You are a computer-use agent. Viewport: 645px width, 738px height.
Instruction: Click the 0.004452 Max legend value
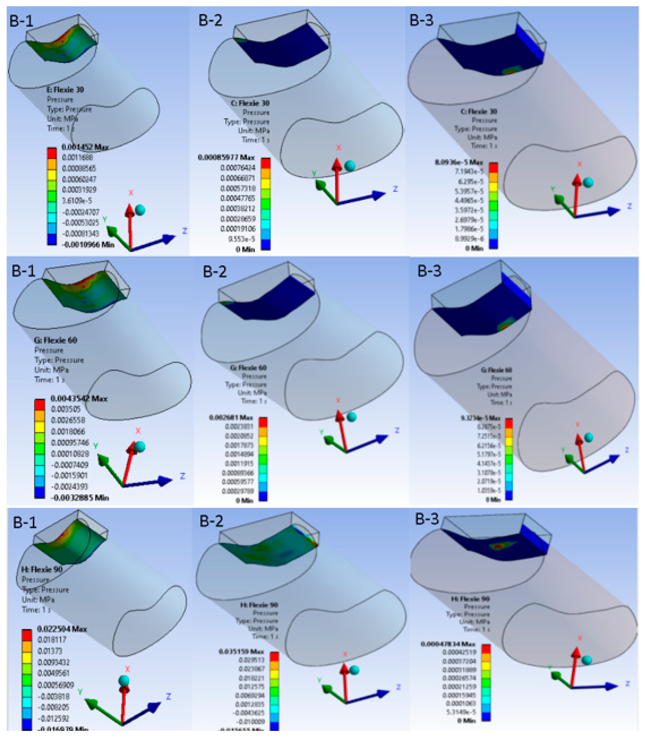coord(85,147)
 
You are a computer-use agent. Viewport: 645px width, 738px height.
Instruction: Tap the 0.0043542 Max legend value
coord(79,398)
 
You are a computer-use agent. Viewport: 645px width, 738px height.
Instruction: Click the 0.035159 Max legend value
coord(241,652)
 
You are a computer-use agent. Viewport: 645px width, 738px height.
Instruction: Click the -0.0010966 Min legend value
coord(88,245)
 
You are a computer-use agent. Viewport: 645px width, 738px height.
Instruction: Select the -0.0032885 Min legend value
coord(80,498)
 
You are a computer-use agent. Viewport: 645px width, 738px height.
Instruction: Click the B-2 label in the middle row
coord(215,271)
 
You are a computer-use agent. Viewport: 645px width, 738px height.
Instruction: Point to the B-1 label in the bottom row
coord(25,522)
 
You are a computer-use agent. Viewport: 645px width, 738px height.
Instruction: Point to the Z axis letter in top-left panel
coord(185,231)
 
